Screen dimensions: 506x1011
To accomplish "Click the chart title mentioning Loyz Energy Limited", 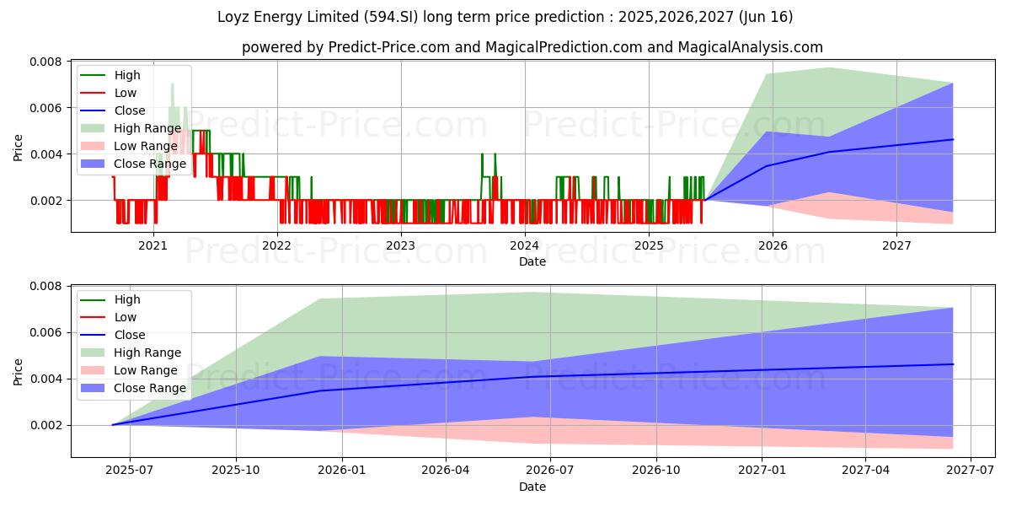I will pyautogui.click(x=505, y=17).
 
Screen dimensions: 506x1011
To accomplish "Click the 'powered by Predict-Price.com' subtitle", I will pyautogui.click(x=532, y=47).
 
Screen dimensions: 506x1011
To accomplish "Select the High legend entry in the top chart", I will pyautogui.click(x=127, y=75).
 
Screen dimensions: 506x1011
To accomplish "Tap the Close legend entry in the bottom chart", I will pyautogui.click(x=130, y=335).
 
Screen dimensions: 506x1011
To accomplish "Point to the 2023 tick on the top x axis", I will pyautogui.click(x=401, y=246).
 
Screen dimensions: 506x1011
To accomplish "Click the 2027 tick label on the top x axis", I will pyautogui.click(x=896, y=246).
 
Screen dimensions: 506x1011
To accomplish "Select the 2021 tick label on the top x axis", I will pyautogui.click(x=152, y=246).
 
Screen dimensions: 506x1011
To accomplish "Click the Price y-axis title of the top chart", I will pyautogui.click(x=19, y=147).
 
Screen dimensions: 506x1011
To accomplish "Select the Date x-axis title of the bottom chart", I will pyautogui.click(x=532, y=487).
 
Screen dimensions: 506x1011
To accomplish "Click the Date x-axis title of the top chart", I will pyautogui.click(x=532, y=261).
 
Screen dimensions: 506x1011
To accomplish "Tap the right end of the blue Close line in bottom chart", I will pyautogui.click(x=953, y=364).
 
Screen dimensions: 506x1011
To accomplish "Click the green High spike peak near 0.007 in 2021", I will pyautogui.click(x=172, y=84).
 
